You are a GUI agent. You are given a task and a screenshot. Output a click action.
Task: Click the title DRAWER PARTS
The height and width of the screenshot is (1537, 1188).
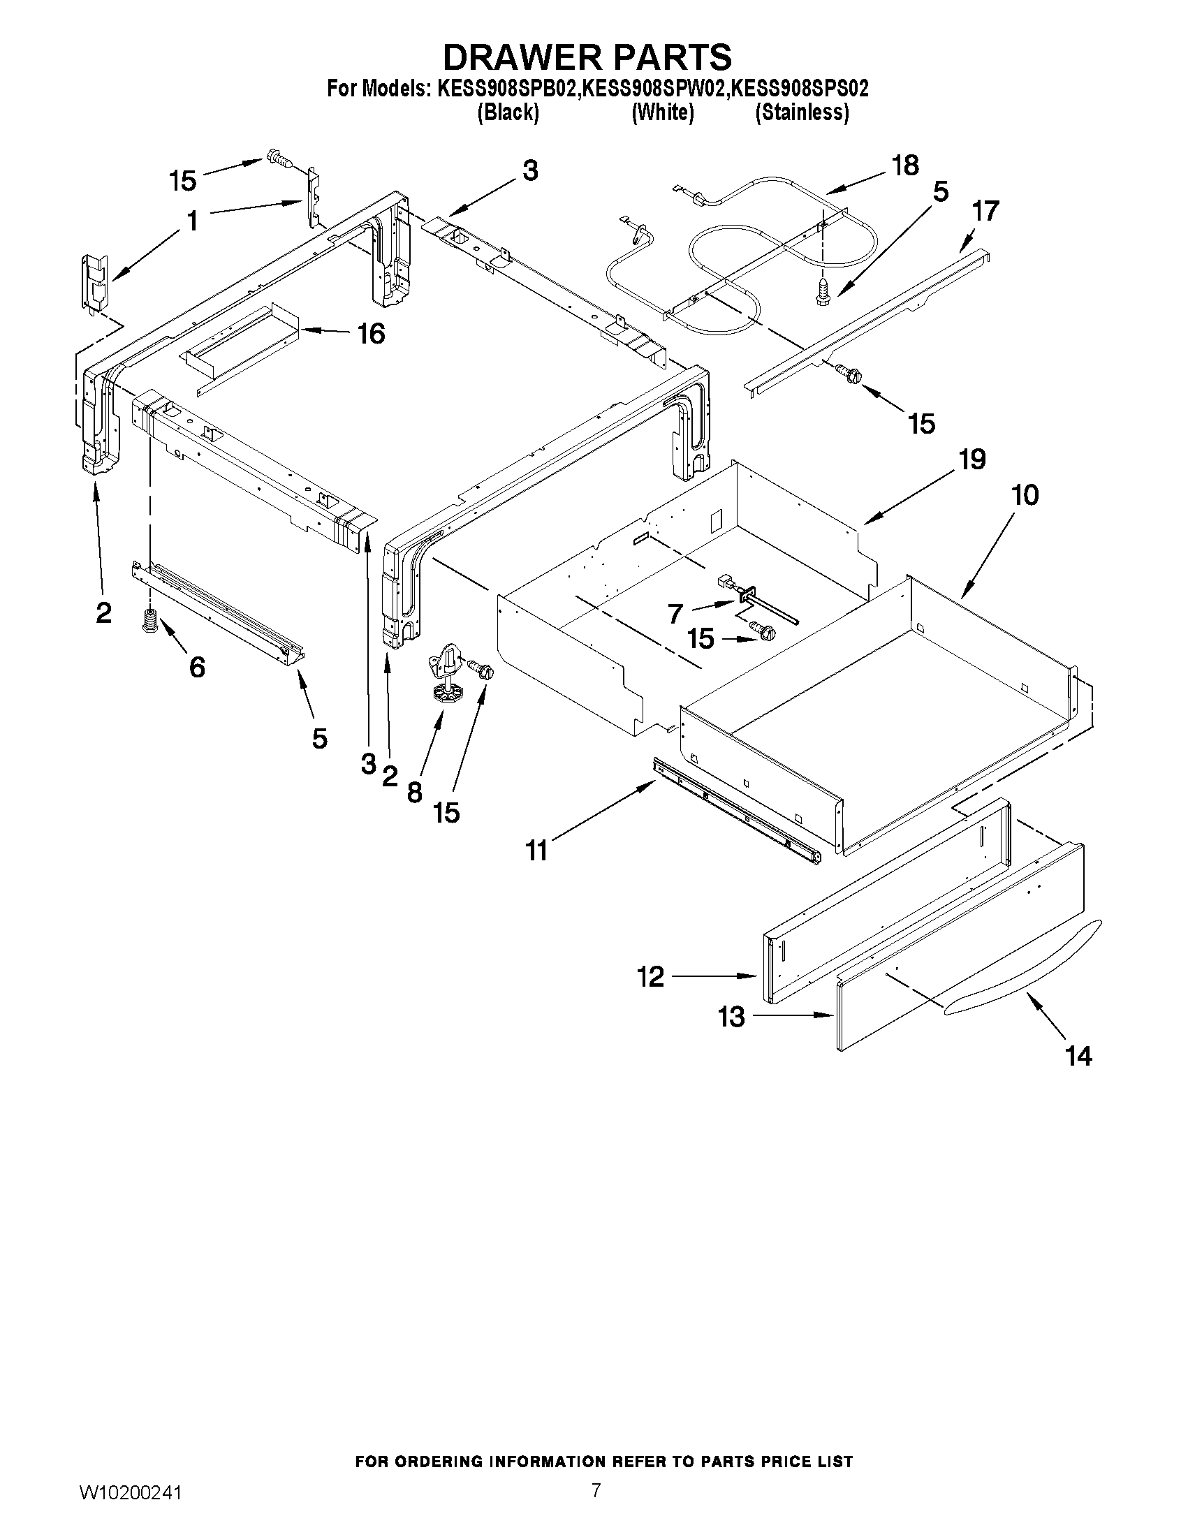(587, 57)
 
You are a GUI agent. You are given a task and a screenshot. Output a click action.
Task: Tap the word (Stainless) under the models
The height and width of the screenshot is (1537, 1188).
(802, 112)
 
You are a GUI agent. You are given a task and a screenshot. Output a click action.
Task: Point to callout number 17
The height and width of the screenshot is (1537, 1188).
(985, 211)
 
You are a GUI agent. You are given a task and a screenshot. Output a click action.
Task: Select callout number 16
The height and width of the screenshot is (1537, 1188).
(371, 334)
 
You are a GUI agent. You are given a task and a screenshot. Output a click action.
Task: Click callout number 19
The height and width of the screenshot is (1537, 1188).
(971, 460)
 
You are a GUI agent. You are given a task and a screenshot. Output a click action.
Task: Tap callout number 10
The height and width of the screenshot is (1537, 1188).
(1025, 495)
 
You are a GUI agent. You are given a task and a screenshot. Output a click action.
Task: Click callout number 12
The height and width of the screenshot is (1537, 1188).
(650, 977)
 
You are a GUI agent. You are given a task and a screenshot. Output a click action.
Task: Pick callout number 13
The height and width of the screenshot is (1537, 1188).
(731, 1017)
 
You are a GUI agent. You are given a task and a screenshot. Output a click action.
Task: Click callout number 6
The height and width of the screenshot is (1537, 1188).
(197, 666)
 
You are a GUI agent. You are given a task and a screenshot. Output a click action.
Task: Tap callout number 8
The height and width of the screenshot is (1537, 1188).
(415, 793)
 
